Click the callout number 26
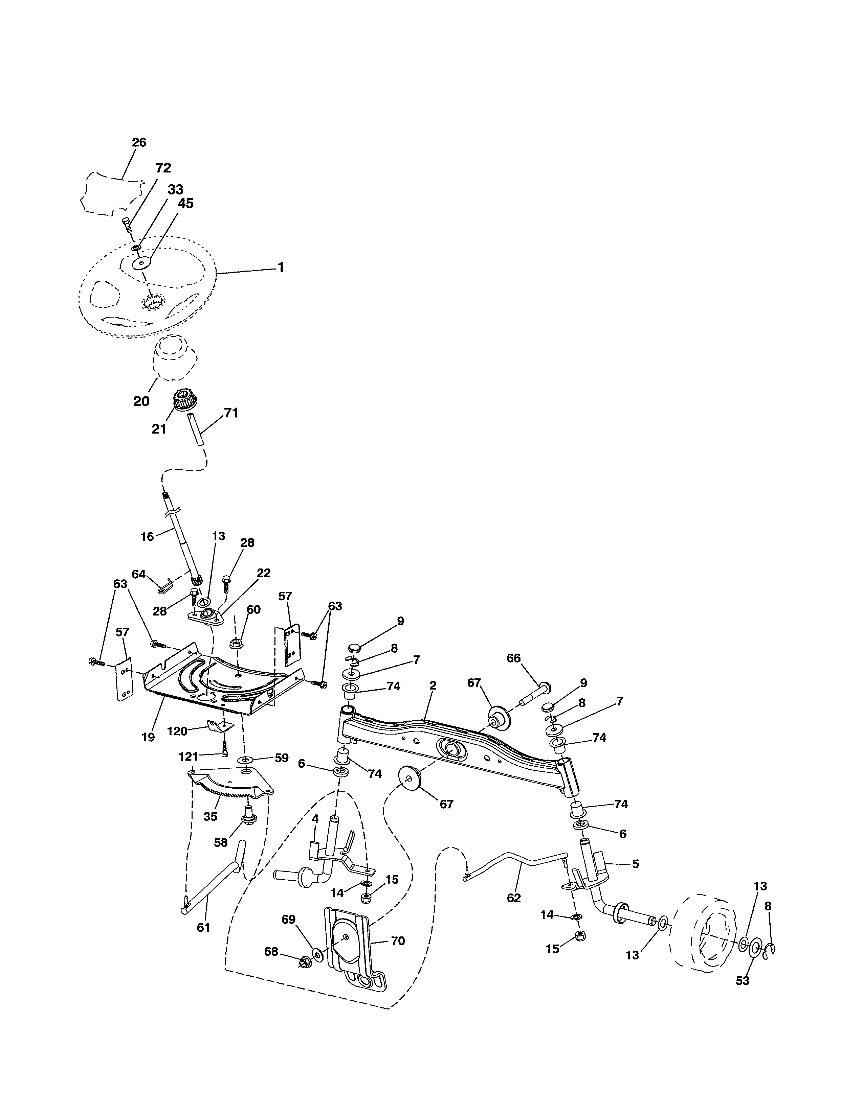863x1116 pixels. [x=139, y=143]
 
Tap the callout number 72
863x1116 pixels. [x=163, y=168]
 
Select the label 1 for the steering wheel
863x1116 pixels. [x=280, y=267]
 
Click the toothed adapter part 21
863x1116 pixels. [x=182, y=399]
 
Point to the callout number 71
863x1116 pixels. [x=231, y=413]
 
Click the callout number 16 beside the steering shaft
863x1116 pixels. [x=147, y=537]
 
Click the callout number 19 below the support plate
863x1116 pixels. [x=148, y=737]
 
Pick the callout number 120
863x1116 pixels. [x=177, y=731]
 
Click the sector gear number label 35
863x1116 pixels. [x=211, y=817]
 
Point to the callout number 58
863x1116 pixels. [x=221, y=843]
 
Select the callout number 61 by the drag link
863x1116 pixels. [x=203, y=927]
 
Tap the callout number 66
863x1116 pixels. [x=513, y=658]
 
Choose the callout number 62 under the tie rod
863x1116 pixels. [x=513, y=898]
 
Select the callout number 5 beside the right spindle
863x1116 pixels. [x=636, y=864]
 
